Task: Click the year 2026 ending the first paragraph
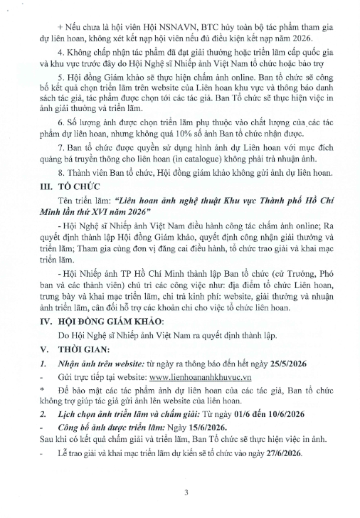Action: (x=290, y=28)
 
